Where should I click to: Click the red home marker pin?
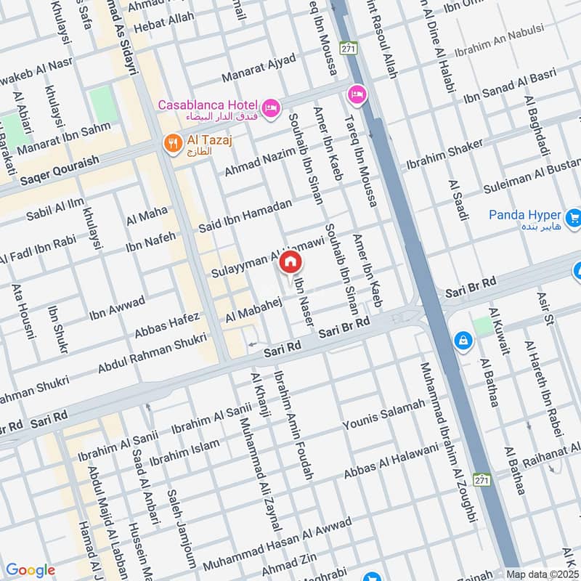pyautogui.click(x=290, y=262)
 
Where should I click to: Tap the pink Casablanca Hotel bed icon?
pyautogui.click(x=271, y=107)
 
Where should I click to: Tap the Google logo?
pyautogui.click(x=31, y=570)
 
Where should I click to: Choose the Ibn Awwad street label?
pyautogui.click(x=117, y=308)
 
